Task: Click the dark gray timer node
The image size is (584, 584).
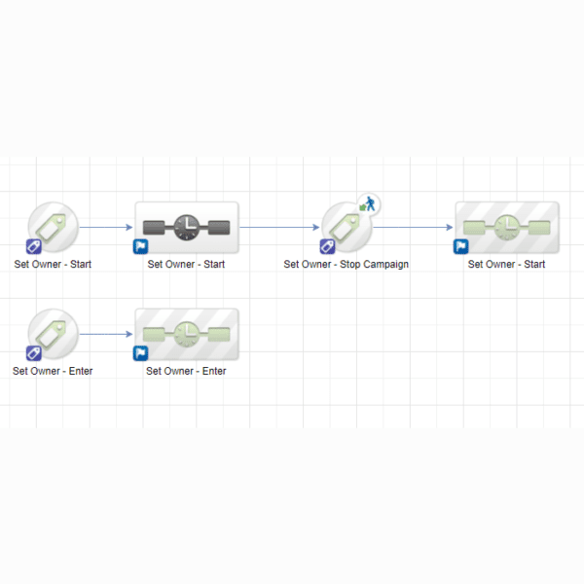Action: point(187,228)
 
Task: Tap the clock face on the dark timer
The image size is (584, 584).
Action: point(187,227)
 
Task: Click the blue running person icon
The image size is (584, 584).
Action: point(370,203)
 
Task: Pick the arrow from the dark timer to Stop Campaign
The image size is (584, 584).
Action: point(279,227)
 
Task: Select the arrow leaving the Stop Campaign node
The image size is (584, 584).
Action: point(413,227)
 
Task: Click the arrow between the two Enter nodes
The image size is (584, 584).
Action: point(106,334)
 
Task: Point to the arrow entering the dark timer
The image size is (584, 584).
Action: point(106,227)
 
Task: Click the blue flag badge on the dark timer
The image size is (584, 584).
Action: point(140,246)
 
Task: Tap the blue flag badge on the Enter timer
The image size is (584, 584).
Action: point(140,353)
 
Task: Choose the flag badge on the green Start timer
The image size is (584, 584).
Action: point(460,246)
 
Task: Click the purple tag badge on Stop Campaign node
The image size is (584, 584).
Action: point(327,246)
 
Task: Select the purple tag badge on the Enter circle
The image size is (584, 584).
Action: point(33,353)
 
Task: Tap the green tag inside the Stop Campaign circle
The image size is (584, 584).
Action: point(345,228)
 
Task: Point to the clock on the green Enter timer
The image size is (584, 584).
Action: point(187,335)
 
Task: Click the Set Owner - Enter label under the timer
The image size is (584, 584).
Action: point(186,371)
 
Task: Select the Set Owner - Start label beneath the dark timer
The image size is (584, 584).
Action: point(186,264)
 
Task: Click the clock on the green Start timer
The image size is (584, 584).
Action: point(507,227)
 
